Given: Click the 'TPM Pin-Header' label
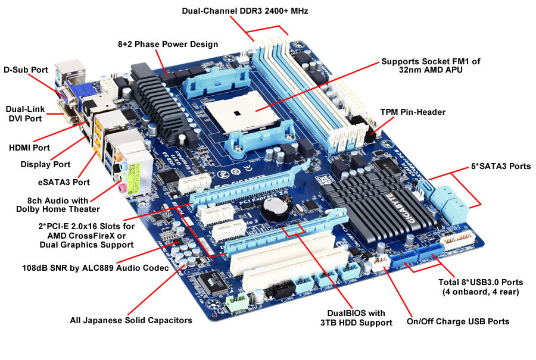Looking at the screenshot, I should point(413,112).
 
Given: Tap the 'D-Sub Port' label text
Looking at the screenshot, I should point(26,70).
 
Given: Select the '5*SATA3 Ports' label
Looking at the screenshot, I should point(500,167).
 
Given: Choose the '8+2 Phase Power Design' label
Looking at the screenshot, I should point(167,44).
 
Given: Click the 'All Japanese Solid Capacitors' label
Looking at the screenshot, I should point(130,320).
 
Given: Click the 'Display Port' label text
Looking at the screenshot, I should point(45,164).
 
